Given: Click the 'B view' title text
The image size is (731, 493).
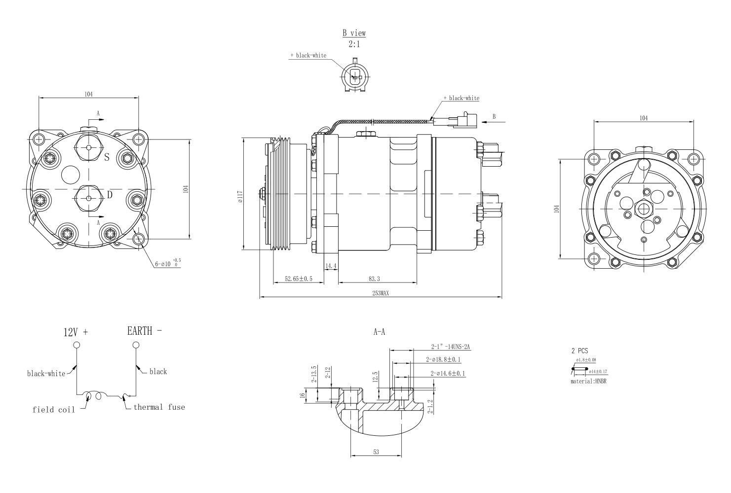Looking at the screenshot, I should (x=354, y=33).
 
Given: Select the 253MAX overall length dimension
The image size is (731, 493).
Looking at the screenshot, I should (x=381, y=293).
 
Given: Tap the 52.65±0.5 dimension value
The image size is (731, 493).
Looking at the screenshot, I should (x=299, y=279).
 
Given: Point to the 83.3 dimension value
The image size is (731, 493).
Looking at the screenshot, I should (x=374, y=279).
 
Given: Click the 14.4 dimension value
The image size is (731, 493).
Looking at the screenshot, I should (x=331, y=266).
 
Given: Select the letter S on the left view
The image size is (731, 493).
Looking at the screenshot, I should (x=106, y=158).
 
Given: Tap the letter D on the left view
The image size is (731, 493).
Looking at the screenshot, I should (x=110, y=195).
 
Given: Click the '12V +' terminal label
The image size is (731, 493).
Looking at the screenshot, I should (x=76, y=332).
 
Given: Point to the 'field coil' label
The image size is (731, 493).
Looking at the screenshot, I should (x=54, y=410).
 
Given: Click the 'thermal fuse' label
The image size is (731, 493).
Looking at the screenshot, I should (x=159, y=407).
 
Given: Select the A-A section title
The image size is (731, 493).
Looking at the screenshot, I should (x=379, y=332).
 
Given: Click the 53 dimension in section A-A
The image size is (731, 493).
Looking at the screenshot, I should (x=376, y=452).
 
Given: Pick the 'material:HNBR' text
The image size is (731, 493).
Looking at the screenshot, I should (x=588, y=382).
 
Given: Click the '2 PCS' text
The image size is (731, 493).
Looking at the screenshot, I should (x=579, y=351).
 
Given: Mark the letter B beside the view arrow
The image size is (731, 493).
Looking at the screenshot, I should (x=494, y=116).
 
